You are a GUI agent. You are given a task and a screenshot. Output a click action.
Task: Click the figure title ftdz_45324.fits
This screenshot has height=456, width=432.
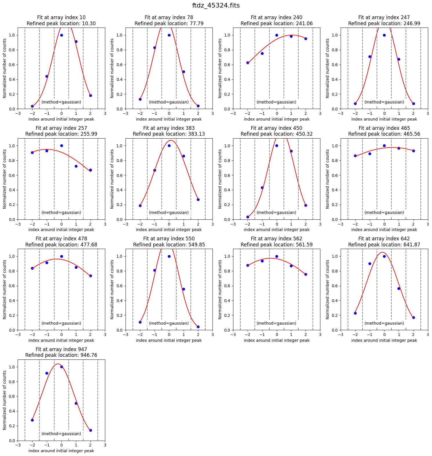tap(216, 6)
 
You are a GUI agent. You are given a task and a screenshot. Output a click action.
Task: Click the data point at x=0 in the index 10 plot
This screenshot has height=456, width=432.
tap(61, 35)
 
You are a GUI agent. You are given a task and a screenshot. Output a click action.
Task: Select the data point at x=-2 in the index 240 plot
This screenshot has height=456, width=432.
tap(248, 63)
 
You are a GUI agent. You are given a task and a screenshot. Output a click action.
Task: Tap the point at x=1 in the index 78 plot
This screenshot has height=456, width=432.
tap(184, 72)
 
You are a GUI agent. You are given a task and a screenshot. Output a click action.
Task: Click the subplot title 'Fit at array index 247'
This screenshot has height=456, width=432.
tap(384, 17)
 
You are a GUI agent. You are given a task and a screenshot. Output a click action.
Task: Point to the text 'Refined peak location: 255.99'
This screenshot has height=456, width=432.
tap(61, 134)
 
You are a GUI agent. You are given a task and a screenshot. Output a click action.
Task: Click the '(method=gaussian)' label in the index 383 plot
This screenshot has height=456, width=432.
tap(169, 212)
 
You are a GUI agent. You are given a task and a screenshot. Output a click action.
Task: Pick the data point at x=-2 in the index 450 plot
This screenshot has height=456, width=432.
tap(248, 217)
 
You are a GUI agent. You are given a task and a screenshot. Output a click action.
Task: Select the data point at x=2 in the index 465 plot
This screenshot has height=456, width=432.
tap(413, 151)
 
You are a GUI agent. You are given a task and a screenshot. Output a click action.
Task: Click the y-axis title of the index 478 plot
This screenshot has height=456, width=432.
tap(5, 289)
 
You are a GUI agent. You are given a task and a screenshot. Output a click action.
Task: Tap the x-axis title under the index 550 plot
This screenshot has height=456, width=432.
tap(169, 340)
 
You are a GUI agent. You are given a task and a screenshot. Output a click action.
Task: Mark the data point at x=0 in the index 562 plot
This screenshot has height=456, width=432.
tap(277, 256)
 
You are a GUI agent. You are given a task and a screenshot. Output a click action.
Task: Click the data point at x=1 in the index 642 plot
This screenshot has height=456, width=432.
tap(399, 288)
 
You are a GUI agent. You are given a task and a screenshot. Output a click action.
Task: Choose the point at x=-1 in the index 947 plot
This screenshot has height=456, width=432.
tap(47, 373)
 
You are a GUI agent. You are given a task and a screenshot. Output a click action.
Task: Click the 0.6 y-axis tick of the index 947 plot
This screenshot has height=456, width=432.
tap(13, 396)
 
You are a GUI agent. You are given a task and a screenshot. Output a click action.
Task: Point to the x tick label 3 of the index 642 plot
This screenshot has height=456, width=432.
tap(428, 335)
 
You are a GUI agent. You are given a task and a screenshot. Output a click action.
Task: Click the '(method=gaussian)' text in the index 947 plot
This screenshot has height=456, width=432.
tap(61, 434)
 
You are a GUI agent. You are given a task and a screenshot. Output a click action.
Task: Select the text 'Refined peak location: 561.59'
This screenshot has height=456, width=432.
tap(277, 245)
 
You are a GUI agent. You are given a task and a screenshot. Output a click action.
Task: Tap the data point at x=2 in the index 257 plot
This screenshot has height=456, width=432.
tap(90, 170)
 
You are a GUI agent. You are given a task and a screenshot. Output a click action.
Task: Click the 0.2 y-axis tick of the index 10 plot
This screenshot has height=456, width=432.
tap(13, 94)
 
